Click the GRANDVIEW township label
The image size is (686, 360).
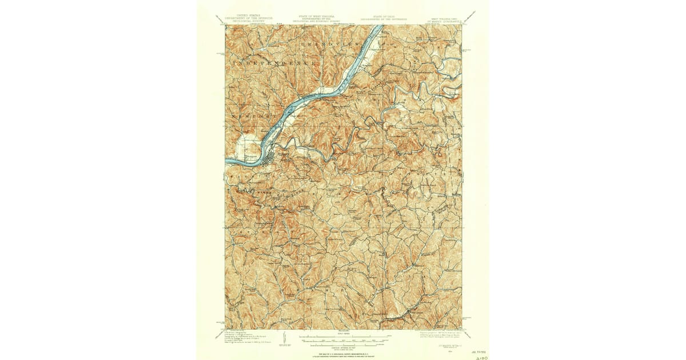[x=332, y=43]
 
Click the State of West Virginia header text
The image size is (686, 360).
[x=316, y=18]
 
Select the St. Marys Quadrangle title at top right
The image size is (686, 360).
[x=442, y=19]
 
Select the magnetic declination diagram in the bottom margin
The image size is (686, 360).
[x=284, y=338]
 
